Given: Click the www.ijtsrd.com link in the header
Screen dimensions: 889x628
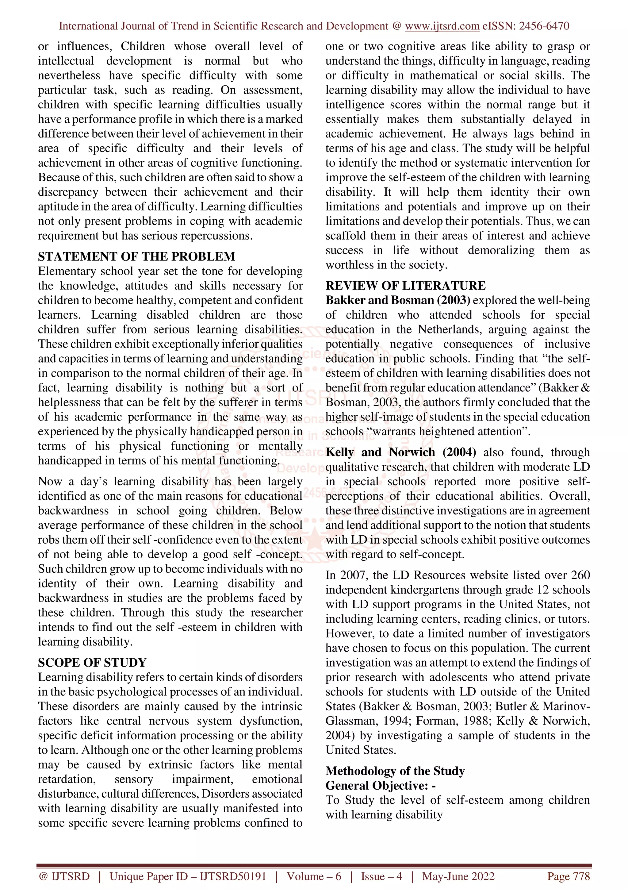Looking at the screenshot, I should (x=442, y=26).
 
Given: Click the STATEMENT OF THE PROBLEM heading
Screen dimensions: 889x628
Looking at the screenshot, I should (x=136, y=257).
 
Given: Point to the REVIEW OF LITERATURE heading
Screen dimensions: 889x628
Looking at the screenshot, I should (x=405, y=286).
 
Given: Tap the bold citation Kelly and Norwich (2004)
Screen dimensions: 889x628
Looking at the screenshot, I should (x=400, y=452).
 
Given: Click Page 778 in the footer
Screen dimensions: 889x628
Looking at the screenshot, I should (x=568, y=877).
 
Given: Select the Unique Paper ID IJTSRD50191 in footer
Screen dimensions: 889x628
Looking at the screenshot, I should (x=188, y=877).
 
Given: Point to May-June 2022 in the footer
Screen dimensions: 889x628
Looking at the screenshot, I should (x=458, y=877).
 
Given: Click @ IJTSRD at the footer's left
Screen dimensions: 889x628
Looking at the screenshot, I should (x=64, y=877).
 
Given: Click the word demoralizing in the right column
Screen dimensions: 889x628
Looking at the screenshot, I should (x=501, y=251).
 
